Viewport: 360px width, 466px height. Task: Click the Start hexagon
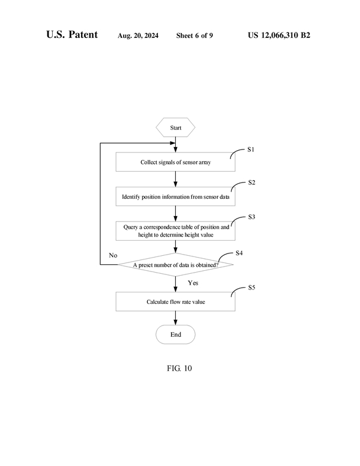175,128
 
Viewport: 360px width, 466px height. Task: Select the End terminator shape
175,334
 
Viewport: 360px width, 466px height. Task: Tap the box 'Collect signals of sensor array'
175,162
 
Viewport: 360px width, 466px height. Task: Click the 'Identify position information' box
175,196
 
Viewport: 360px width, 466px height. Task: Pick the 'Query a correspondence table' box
175,231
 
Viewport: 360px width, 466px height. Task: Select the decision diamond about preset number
175,265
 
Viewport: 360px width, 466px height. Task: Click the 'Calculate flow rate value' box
175,301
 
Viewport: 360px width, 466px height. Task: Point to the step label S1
251,150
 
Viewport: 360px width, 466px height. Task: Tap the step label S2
251,183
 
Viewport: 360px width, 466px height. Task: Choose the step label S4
239,253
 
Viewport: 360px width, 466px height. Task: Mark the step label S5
251,288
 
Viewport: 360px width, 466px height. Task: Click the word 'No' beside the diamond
113,255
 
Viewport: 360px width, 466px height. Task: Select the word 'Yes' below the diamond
193,282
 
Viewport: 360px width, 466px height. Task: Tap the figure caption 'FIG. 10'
179,368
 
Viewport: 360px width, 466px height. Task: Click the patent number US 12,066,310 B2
279,35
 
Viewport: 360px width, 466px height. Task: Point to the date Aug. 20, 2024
139,35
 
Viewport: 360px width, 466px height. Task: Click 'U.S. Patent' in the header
72,35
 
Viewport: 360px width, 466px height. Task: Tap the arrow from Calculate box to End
175,318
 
